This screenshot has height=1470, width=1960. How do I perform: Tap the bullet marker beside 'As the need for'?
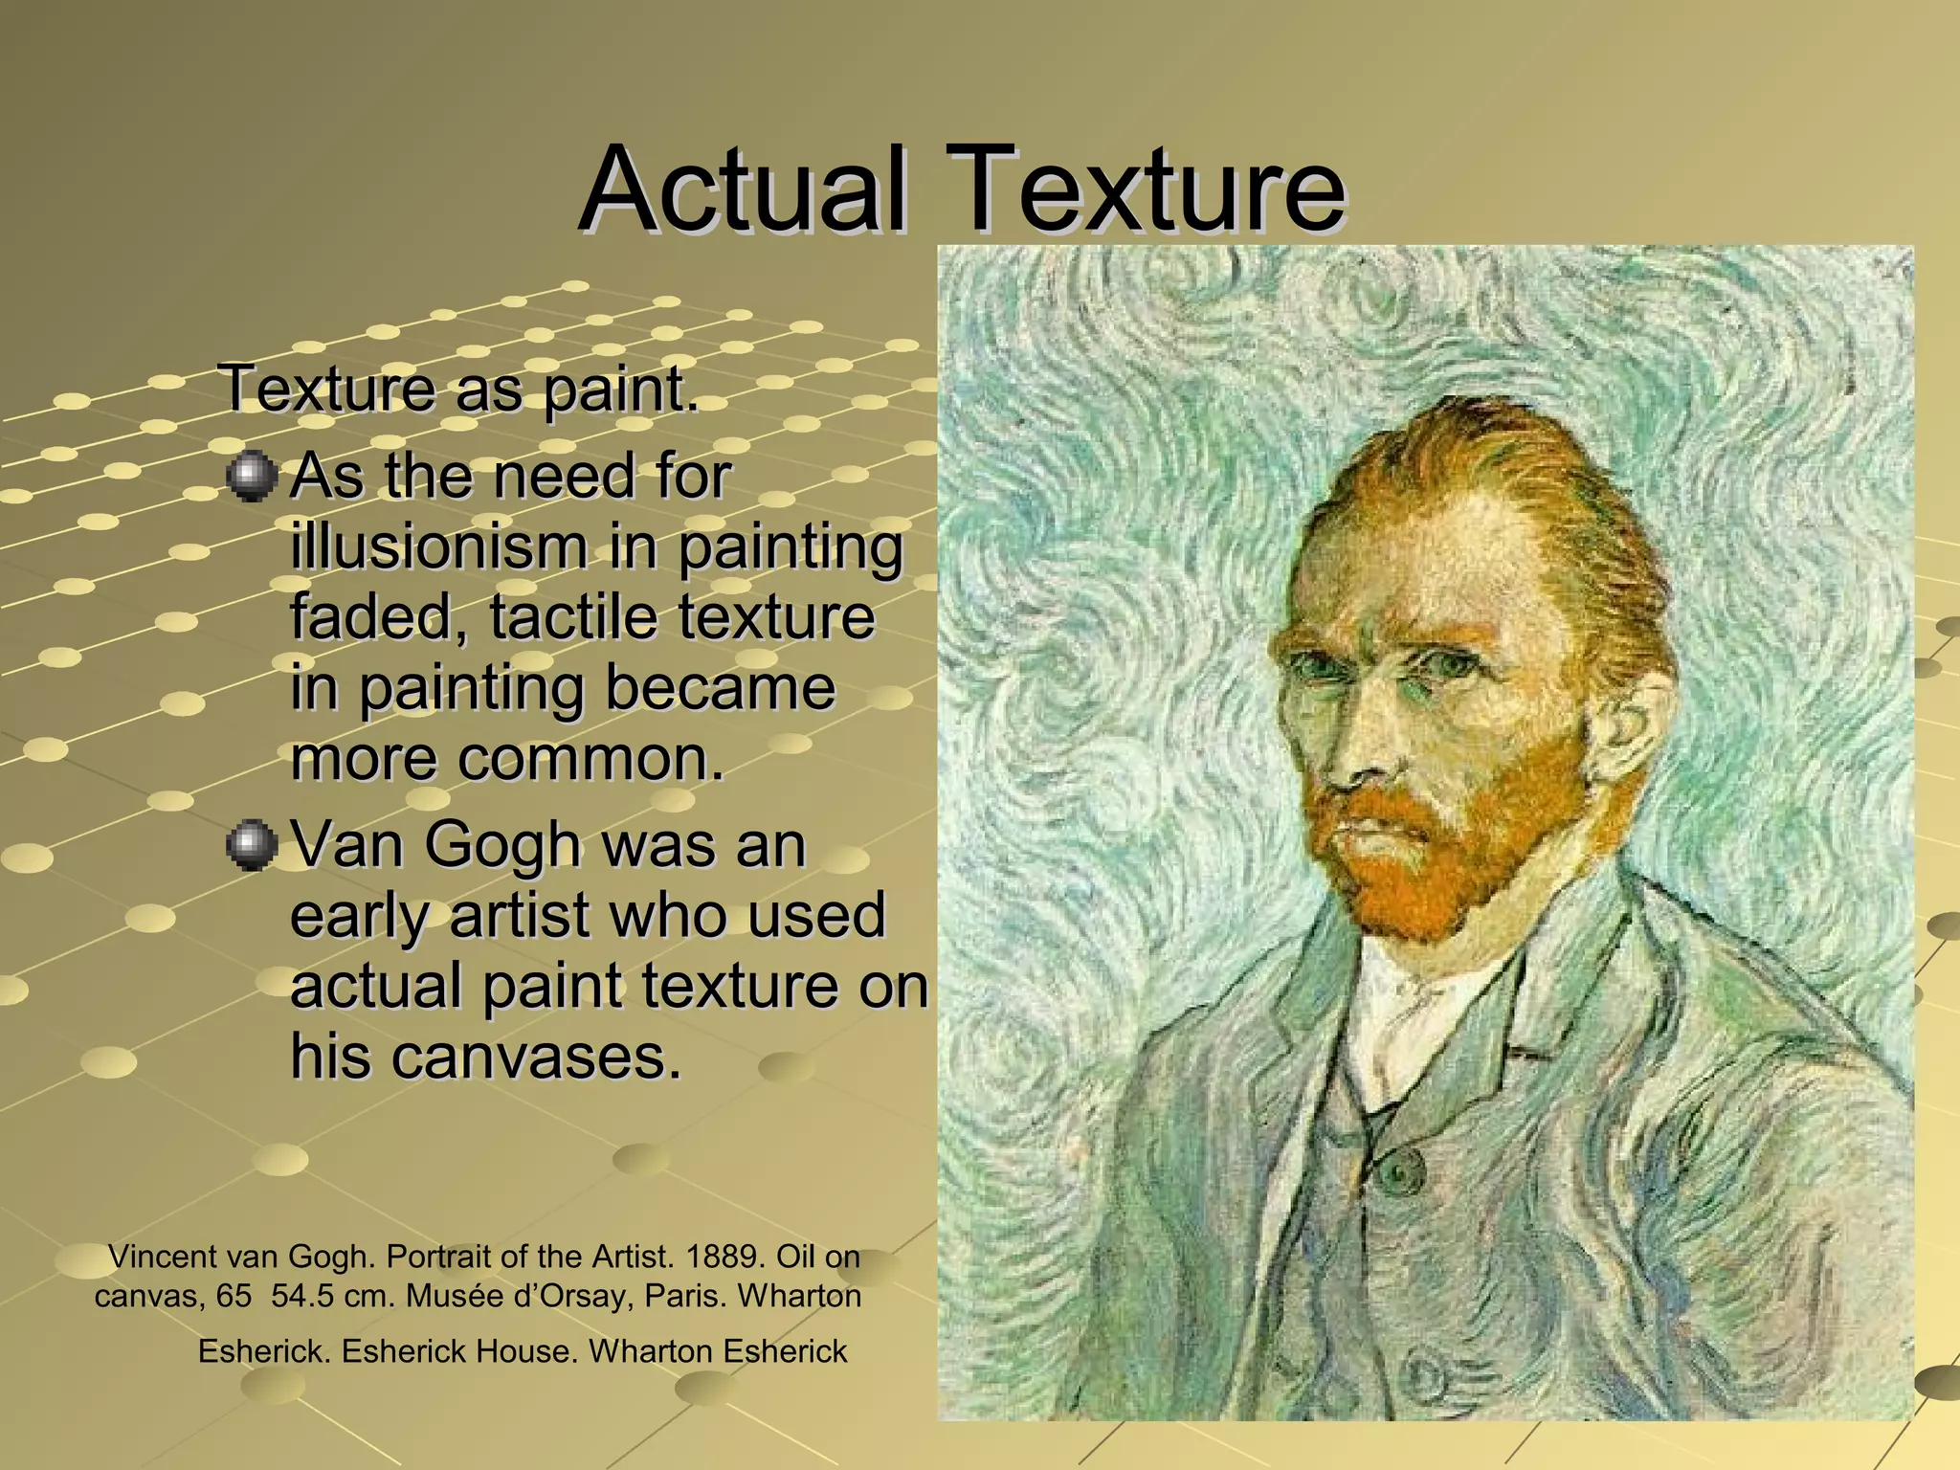(x=253, y=477)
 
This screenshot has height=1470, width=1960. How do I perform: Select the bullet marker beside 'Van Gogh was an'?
(x=253, y=845)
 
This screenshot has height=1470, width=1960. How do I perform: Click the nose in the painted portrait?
(x=1359, y=746)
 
